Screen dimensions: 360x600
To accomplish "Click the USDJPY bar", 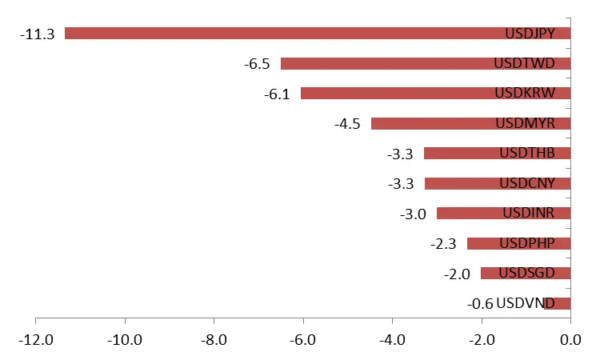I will pos(280,34).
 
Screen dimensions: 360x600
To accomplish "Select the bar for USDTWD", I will pos(384,63).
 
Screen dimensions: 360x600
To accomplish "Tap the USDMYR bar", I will pos(432,123).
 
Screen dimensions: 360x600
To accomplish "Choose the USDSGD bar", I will pos(489,274).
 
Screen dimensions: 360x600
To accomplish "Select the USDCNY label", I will pos(533,183).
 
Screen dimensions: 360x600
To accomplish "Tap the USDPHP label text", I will pos(534,243).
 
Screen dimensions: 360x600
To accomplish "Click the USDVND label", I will pos(532,303).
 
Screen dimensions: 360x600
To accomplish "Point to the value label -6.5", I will pos(257,64).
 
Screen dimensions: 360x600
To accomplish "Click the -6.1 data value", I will pos(277,94).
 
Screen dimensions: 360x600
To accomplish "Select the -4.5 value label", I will pos(347,124).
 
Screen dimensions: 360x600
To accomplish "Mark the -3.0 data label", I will pos(413,214).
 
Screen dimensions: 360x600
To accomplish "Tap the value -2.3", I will pos(443,244).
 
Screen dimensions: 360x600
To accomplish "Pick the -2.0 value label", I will pos(457,274).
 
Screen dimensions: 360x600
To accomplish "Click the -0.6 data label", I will pos(480,304).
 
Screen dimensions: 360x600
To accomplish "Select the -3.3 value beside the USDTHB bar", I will pos(400,154).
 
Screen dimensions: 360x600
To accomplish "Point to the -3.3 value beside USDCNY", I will pos(400,184).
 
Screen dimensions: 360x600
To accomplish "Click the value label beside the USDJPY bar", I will pos(44,34).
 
